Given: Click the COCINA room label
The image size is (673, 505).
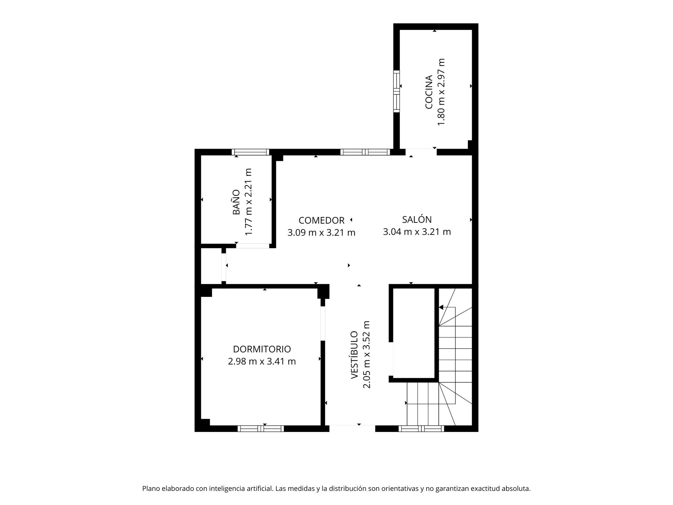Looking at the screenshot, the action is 429,92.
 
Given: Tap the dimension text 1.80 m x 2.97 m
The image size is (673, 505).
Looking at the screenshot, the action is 441,92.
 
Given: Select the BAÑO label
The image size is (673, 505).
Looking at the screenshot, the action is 236,202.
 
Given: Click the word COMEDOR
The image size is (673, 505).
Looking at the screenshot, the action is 321,220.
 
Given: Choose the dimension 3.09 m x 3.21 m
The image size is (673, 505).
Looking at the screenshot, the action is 321,233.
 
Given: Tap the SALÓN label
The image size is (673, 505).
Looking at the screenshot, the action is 417,219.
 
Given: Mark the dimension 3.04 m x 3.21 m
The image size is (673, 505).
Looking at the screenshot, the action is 417,232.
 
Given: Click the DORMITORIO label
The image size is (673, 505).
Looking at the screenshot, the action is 262,349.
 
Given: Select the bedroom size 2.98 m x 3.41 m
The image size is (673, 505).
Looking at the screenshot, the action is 262,361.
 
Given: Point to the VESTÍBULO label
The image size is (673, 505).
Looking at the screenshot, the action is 354,355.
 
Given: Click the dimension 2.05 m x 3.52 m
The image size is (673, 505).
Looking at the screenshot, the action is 366,354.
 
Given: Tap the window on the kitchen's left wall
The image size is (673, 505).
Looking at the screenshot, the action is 397,91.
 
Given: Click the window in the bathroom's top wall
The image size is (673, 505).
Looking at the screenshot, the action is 250,152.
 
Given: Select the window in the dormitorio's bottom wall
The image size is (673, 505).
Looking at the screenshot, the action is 261,428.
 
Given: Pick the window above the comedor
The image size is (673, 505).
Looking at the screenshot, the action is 365,152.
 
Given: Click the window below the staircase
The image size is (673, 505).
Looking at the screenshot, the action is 421,428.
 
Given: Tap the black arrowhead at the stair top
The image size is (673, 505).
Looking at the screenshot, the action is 441,307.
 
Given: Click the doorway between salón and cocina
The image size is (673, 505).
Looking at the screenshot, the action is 421,152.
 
